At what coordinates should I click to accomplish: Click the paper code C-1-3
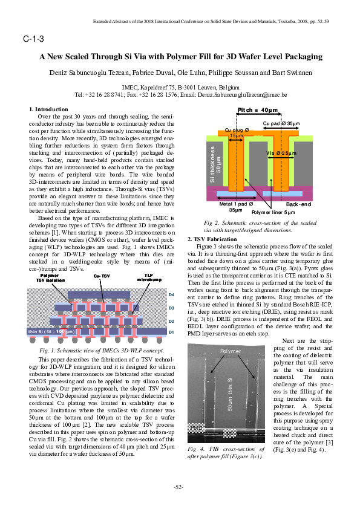click(33, 39)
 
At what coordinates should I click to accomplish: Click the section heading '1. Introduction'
click(49, 109)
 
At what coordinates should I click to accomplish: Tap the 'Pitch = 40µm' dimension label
click(258, 110)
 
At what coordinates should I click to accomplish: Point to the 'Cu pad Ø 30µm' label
click(281, 123)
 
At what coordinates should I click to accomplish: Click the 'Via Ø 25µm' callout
click(281, 154)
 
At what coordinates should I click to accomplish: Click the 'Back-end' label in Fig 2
click(298, 205)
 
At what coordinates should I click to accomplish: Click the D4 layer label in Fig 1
click(171, 294)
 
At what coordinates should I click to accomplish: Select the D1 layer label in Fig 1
click(171, 332)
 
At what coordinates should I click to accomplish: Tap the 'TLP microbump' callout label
click(148, 277)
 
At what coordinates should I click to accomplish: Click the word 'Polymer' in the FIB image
click(230, 351)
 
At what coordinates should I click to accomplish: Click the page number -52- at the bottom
click(180, 487)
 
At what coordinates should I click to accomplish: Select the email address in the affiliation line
click(257, 95)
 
